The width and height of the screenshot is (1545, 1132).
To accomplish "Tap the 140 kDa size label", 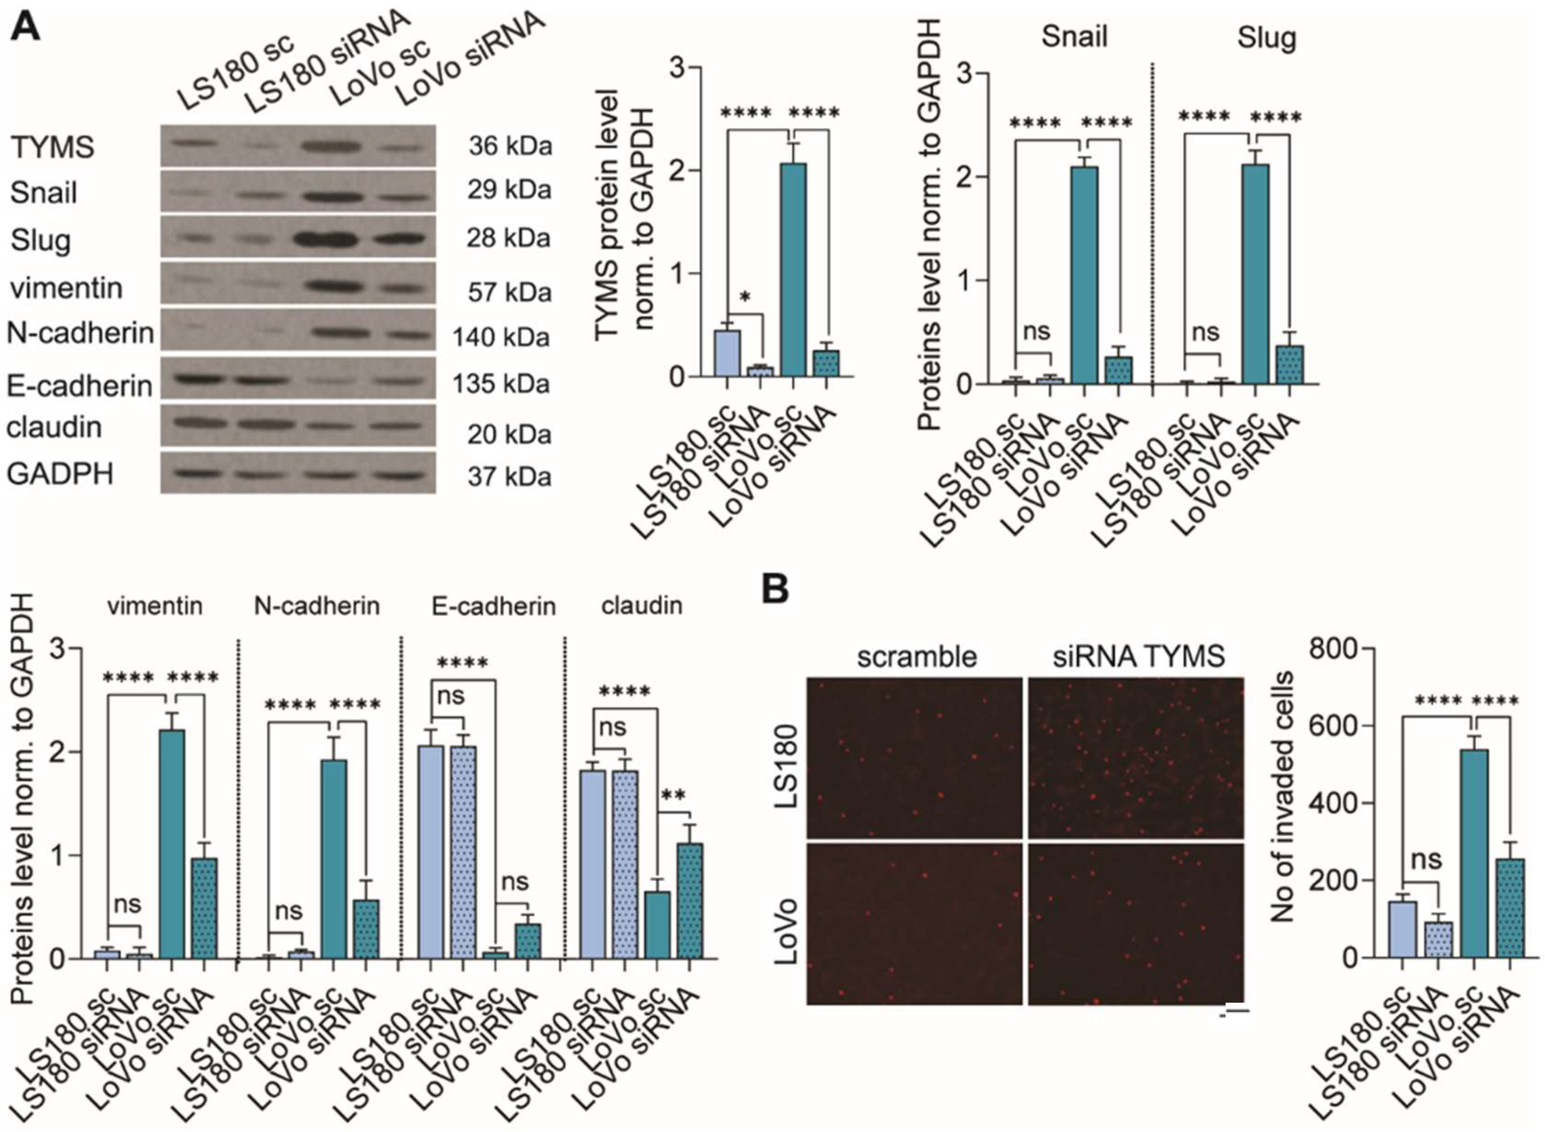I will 501,337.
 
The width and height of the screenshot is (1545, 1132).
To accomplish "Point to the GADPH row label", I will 60,474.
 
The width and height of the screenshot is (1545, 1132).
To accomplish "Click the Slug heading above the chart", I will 1266,38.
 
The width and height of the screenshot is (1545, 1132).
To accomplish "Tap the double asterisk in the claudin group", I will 673,796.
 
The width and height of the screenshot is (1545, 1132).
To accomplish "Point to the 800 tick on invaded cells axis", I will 1332,647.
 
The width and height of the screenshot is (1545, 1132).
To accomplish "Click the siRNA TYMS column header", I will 1138,657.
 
